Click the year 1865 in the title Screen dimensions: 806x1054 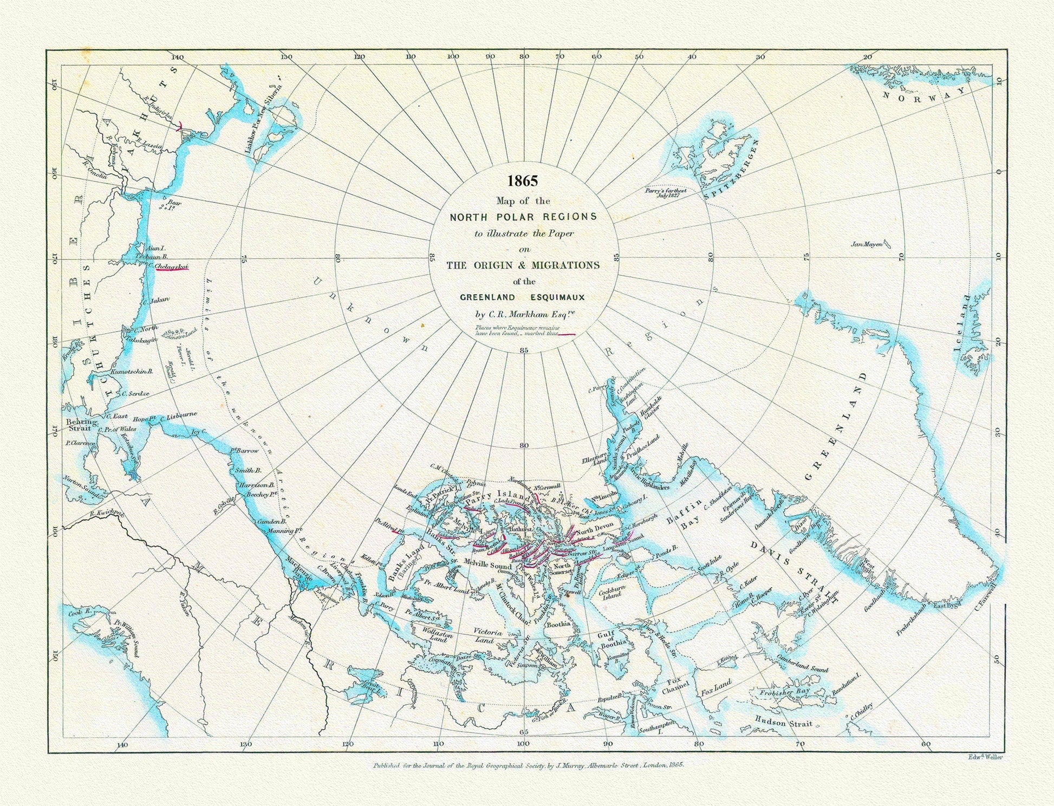[x=523, y=181]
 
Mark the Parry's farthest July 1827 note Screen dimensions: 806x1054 [x=666, y=193]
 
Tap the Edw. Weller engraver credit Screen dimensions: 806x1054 [x=984, y=757]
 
